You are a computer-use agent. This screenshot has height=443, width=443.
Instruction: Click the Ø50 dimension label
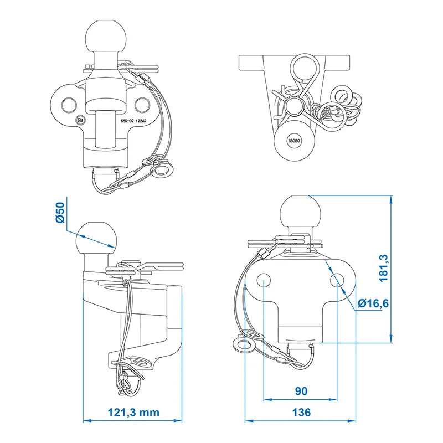pyautogui.click(x=60, y=213)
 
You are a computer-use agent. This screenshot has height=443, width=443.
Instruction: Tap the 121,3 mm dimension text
pyautogui.click(x=133, y=412)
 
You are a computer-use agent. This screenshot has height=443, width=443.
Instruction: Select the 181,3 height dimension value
pyautogui.click(x=384, y=267)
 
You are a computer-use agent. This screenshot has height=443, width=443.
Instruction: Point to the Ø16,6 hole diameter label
pyautogui.click(x=373, y=303)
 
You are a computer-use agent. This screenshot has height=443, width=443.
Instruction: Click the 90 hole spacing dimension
pyautogui.click(x=301, y=391)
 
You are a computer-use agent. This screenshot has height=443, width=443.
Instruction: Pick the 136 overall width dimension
pyautogui.click(x=301, y=412)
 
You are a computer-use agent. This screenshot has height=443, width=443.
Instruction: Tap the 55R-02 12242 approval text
pyautogui.click(x=133, y=121)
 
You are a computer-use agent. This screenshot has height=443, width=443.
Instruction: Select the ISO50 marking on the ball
pyautogui.click(x=295, y=141)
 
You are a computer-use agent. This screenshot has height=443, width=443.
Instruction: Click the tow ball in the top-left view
pyautogui.click(x=106, y=36)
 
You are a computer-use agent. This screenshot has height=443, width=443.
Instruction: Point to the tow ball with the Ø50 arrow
pyautogui.click(x=96, y=239)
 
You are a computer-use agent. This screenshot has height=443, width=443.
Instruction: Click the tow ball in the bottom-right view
pyautogui.click(x=301, y=212)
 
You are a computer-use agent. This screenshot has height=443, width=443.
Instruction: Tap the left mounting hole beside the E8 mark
pyautogui.click(x=69, y=105)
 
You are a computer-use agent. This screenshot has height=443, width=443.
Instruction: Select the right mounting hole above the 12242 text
pyautogui.click(x=142, y=105)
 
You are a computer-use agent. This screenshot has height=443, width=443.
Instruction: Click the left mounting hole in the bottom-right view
pyautogui.click(x=264, y=280)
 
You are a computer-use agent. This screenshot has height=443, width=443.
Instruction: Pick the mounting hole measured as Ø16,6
pyautogui.click(x=337, y=280)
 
